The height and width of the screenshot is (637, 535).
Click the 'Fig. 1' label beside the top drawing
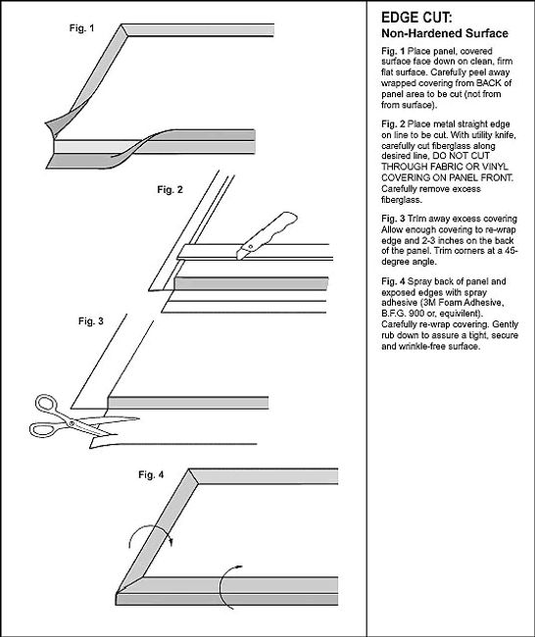click(81, 28)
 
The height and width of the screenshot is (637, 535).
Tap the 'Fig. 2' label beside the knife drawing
click(170, 190)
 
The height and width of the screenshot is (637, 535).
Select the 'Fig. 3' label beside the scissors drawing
click(91, 320)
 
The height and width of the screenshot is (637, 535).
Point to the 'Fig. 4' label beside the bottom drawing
click(151, 474)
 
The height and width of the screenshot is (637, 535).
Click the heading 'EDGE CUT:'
click(416, 18)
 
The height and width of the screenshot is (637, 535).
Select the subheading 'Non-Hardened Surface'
click(445, 33)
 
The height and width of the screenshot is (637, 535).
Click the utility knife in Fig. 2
click(267, 235)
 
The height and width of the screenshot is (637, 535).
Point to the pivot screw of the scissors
click(72, 423)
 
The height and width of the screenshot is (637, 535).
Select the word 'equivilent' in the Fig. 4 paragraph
click(462, 314)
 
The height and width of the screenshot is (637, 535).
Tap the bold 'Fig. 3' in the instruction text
click(393, 219)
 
